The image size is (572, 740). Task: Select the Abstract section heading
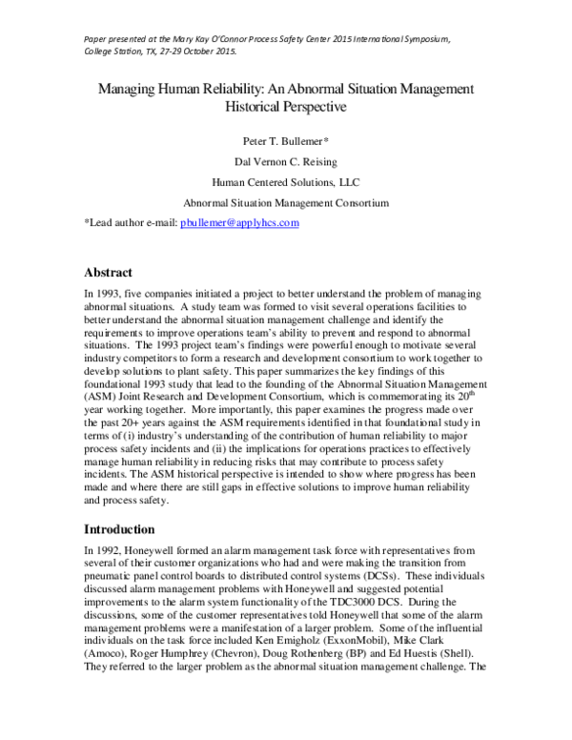[115, 272]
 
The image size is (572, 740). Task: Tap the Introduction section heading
[129, 528]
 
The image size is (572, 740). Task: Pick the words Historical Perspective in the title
[284, 107]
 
